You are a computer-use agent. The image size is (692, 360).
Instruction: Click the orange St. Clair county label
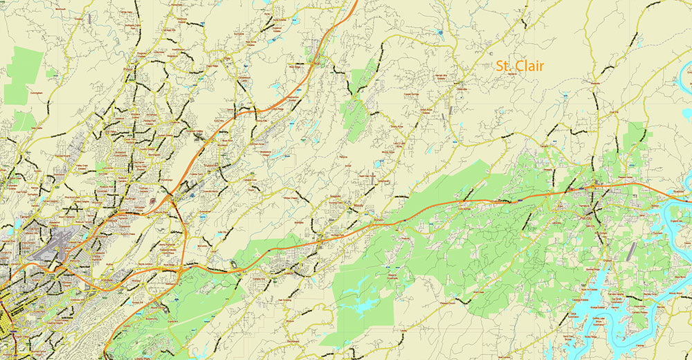[519, 66]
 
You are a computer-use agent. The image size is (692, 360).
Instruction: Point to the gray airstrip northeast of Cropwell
[631, 252]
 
